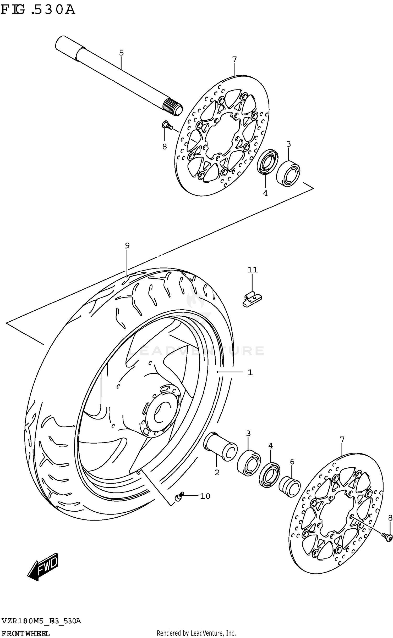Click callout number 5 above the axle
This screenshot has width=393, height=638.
point(121,53)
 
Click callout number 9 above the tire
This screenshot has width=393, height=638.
point(127,245)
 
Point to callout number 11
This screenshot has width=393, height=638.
point(253,270)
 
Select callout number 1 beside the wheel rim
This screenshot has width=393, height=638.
point(250,372)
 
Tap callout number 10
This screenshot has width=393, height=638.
point(205,496)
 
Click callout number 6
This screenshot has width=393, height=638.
point(292,462)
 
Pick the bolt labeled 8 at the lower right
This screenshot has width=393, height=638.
point(387,536)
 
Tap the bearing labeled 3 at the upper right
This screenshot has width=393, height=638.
point(288,174)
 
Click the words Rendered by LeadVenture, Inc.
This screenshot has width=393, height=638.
point(196,631)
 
